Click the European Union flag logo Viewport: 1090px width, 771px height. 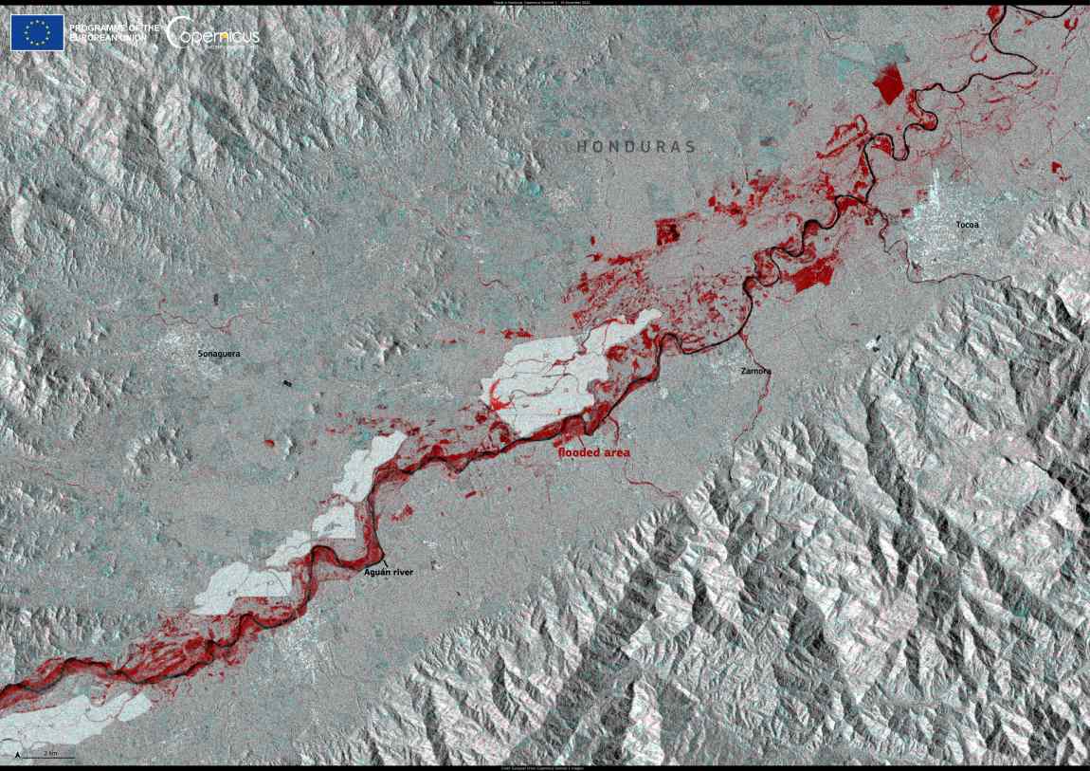(x=37, y=33)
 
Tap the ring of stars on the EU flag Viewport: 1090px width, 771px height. (x=37, y=33)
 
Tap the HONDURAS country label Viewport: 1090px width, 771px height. (x=636, y=147)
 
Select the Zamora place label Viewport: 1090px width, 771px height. (x=755, y=371)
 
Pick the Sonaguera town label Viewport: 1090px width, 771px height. (x=218, y=354)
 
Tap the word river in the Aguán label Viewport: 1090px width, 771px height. (x=404, y=572)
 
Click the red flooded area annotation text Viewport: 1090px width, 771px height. (x=594, y=453)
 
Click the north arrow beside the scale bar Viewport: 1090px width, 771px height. (x=18, y=755)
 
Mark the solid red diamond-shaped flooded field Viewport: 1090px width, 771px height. (x=888, y=84)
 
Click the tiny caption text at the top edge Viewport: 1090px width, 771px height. (x=545, y=3)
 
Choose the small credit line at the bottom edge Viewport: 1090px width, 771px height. (x=545, y=767)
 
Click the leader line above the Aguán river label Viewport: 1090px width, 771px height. (x=383, y=558)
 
